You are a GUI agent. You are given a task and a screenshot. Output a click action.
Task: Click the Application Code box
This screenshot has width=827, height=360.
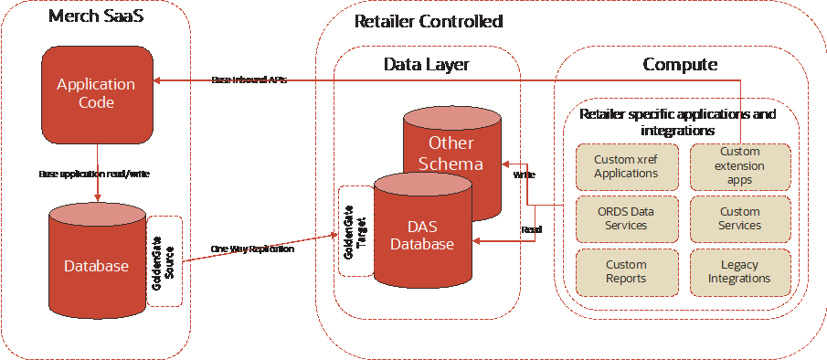tap(96, 93)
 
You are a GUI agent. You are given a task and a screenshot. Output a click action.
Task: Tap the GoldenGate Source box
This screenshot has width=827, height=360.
tap(165, 261)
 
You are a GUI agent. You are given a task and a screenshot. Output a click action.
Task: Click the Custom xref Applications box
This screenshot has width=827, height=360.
tap(626, 165)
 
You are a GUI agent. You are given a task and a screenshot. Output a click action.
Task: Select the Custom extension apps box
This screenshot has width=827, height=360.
tap(740, 165)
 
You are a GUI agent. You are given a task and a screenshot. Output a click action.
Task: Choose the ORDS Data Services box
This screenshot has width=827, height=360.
tap(626, 217)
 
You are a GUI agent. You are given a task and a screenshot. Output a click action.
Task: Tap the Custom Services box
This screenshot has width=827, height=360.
tap(740, 217)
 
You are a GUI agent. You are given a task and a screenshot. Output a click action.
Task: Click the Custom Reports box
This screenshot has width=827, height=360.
tap(626, 271)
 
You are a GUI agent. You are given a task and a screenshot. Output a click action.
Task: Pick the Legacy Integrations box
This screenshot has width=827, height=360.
tap(740, 271)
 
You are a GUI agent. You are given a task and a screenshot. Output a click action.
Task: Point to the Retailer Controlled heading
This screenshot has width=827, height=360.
tap(428, 21)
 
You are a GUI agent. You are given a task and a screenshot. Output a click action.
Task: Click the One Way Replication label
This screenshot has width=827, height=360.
tap(252, 249)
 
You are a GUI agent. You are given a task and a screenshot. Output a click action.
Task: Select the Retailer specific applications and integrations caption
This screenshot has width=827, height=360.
tap(678, 122)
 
